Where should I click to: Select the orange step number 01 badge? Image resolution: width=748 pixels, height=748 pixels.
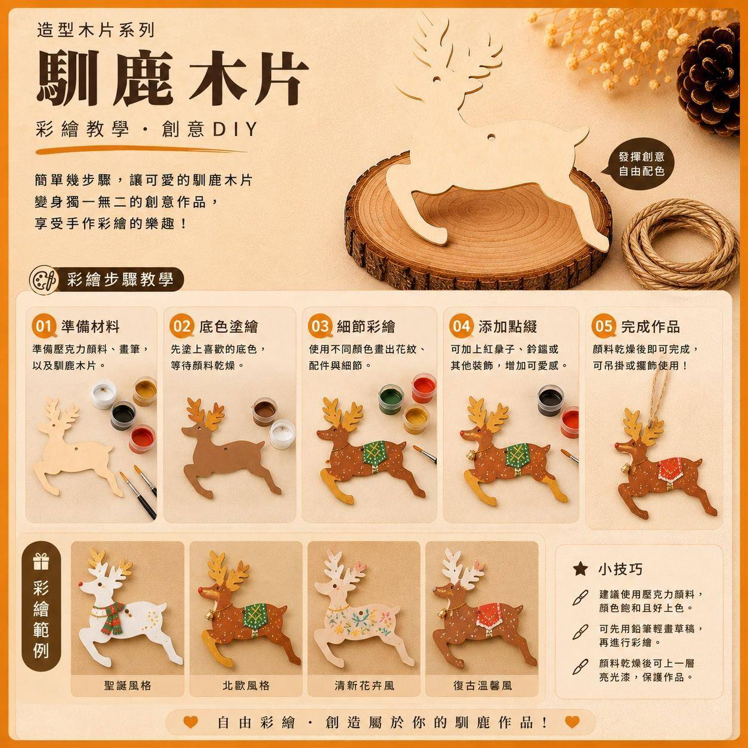coord(44,326)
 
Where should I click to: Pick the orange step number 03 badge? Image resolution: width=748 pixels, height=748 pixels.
coord(320,326)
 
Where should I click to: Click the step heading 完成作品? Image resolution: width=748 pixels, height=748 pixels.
coord(651,326)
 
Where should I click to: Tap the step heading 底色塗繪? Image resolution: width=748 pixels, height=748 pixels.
coord(228,326)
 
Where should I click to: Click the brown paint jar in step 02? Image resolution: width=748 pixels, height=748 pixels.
coord(264,412)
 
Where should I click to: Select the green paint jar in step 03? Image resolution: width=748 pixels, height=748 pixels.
coord(391,398)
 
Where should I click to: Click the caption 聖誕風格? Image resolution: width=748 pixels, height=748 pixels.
coord(128,685)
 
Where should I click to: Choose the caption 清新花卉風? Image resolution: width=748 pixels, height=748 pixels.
coord(364,685)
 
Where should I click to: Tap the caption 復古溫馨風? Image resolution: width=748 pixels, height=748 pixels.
coord(483,685)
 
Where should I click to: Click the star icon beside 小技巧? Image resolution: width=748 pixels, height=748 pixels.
coord(580,569)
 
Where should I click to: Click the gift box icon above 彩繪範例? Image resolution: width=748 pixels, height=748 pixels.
coord(41,562)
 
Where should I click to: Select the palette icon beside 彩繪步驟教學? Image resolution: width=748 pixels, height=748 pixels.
coord(44,279)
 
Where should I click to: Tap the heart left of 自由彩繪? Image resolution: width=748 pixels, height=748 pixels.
coord(190,722)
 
